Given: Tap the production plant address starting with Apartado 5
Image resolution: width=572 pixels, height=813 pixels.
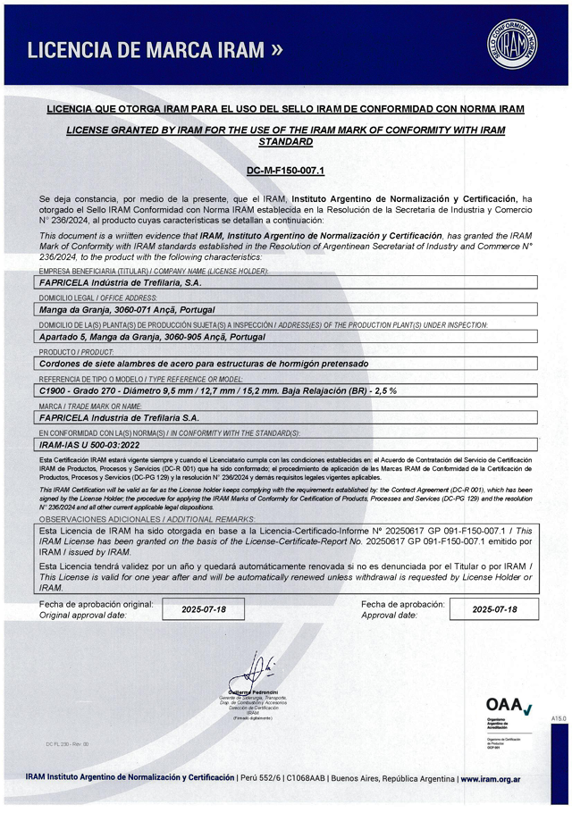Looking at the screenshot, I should (163, 337).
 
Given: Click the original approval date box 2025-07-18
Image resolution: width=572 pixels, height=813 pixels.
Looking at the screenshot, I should (204, 609).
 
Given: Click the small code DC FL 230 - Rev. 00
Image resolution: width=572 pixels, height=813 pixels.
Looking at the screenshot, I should (67, 743).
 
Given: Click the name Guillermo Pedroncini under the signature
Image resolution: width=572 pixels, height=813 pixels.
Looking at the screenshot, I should (253, 692).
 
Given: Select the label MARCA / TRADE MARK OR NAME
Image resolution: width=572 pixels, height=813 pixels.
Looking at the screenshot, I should (90, 406).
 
